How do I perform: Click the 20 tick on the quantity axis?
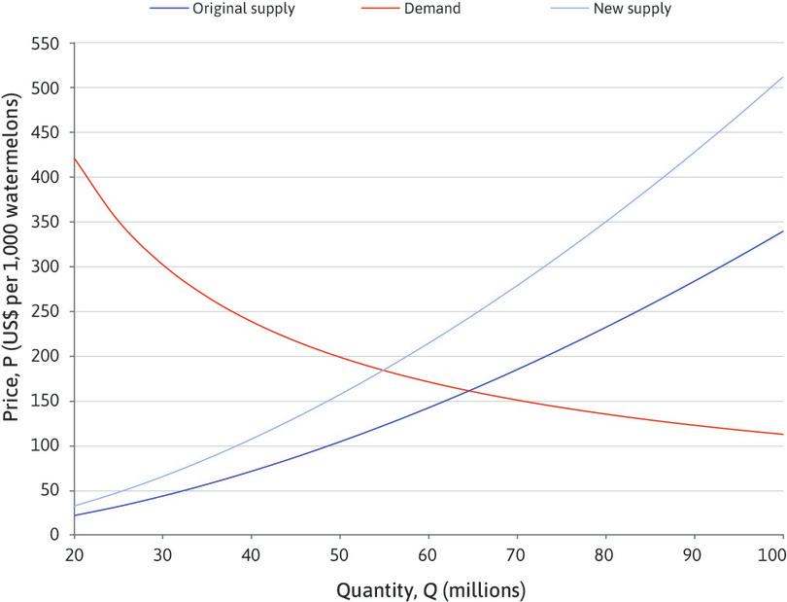75,551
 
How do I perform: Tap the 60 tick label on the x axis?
428,551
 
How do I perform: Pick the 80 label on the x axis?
605,551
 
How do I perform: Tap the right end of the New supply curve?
782,77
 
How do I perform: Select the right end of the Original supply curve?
782,231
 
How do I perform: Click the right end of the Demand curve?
782,434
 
